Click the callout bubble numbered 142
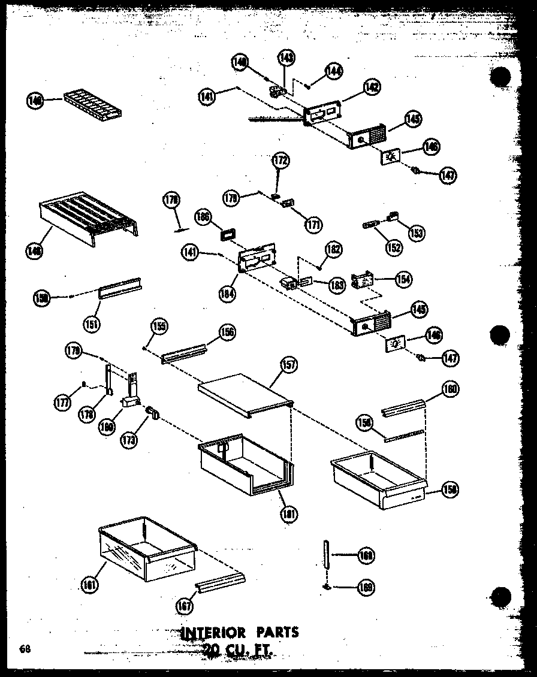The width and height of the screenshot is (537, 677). click(x=371, y=87)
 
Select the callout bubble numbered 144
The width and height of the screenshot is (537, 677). click(x=334, y=71)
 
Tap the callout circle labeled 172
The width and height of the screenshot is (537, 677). click(x=280, y=161)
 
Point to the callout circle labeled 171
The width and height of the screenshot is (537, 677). click(x=313, y=225)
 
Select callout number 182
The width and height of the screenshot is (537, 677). click(x=333, y=249)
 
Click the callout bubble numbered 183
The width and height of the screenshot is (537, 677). click(x=337, y=286)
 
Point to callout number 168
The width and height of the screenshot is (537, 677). click(x=365, y=556)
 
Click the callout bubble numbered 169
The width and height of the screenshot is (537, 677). click(x=365, y=588)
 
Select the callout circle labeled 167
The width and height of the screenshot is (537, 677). click(x=185, y=606)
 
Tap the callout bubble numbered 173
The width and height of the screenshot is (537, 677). click(x=128, y=439)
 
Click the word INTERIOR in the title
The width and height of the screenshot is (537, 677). click(x=212, y=633)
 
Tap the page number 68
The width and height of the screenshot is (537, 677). click(x=25, y=648)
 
